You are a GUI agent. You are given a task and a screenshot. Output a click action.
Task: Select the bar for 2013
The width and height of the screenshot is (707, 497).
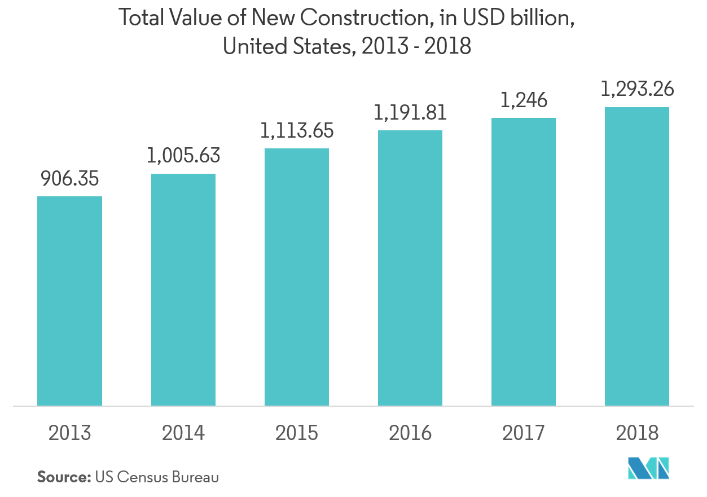click(x=69, y=301)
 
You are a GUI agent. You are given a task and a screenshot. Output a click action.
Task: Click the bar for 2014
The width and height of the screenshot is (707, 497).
click(x=183, y=289)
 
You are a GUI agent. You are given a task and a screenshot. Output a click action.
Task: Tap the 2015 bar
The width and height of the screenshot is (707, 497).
click(x=297, y=277)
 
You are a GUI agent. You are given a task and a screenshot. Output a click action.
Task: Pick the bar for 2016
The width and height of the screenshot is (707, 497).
click(x=410, y=268)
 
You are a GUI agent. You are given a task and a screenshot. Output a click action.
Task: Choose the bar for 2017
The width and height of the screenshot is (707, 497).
click(x=524, y=262)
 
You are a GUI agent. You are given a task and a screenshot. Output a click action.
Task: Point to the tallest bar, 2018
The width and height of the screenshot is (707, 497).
click(x=637, y=256)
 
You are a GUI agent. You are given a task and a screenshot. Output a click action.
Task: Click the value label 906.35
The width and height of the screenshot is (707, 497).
click(x=69, y=179)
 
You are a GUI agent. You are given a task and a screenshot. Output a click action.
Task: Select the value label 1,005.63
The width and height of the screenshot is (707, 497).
click(x=183, y=156)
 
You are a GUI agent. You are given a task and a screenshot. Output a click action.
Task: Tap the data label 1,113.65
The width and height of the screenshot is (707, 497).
click(x=297, y=131)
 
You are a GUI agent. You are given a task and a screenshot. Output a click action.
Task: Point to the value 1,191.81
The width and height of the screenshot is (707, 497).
click(x=410, y=113)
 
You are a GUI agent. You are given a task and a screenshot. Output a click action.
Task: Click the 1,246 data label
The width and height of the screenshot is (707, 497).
click(x=524, y=100)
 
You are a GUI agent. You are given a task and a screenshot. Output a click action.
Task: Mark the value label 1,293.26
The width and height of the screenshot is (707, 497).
click(x=637, y=89)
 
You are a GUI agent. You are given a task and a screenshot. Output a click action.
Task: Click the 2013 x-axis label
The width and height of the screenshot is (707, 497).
click(x=69, y=433)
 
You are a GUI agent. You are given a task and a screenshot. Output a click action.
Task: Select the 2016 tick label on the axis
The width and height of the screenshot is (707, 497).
click(x=410, y=433)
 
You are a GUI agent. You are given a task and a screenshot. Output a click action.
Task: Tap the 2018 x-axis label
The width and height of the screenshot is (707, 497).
click(x=637, y=433)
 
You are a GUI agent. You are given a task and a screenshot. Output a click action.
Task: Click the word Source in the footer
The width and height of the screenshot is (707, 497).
click(x=63, y=477)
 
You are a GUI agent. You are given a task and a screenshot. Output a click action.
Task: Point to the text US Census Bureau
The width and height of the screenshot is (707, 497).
click(x=157, y=477)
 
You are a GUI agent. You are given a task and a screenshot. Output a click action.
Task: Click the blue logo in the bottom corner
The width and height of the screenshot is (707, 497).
click(x=648, y=468)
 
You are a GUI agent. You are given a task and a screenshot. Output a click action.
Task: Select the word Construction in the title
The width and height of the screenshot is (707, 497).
click(x=361, y=19)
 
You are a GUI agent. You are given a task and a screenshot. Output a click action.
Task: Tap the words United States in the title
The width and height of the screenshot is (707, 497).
click(x=287, y=46)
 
